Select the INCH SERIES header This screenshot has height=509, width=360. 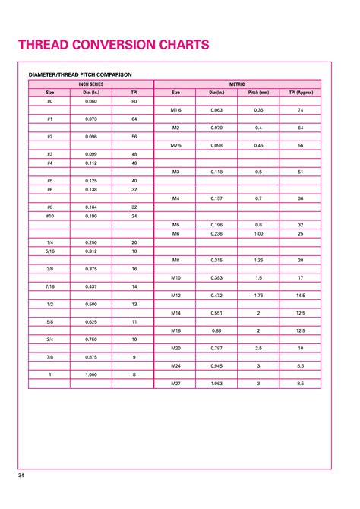coord(90,84)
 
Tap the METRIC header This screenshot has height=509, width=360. coord(238,84)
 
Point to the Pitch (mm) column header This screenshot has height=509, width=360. coord(258,92)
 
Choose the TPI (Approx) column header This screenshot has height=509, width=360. coord(301,92)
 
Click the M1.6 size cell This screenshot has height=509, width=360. coord(175,109)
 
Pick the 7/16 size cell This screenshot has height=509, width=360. coord(50,286)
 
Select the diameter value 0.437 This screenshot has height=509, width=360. coord(91,286)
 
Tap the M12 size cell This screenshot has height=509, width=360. coord(175,295)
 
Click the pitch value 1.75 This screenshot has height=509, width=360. coord(258,295)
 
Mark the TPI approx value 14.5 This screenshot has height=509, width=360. coord(301,295)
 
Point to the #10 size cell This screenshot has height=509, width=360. coord(50,216)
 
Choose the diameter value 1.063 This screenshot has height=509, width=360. coord(217,383)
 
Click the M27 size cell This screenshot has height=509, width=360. coord(175,383)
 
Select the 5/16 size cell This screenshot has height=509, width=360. coord(50,251)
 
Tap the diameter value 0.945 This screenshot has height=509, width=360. coord(217,365)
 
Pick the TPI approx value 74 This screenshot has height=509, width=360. coord(301,109)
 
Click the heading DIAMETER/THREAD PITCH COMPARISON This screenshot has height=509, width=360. coord(81,74)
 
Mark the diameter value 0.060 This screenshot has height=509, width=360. coord(91,101)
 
